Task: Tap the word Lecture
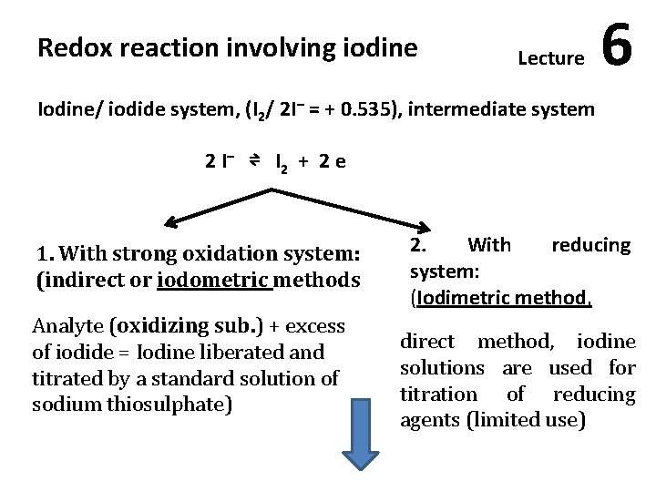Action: [x=550, y=59]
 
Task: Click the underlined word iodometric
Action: [x=215, y=279]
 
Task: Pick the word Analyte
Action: [x=67, y=325]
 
